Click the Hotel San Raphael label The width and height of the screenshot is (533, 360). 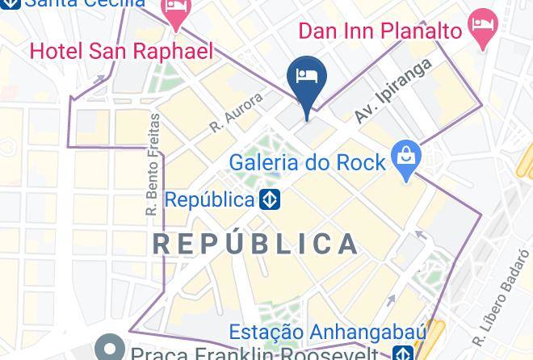click(121, 52)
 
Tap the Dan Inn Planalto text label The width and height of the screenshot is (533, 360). click(380, 31)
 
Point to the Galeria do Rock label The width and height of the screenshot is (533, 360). click(307, 162)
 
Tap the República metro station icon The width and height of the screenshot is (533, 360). click(270, 199)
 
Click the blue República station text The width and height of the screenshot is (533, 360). click(209, 199)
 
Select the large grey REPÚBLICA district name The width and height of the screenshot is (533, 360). click(256, 244)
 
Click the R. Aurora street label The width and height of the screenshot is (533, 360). click(236, 112)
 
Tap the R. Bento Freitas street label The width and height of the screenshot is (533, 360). click(153, 164)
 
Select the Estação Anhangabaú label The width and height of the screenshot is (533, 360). click(316, 332)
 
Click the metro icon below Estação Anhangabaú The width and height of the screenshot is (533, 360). click(402, 353)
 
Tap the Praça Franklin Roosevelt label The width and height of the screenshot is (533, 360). click(254, 354)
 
